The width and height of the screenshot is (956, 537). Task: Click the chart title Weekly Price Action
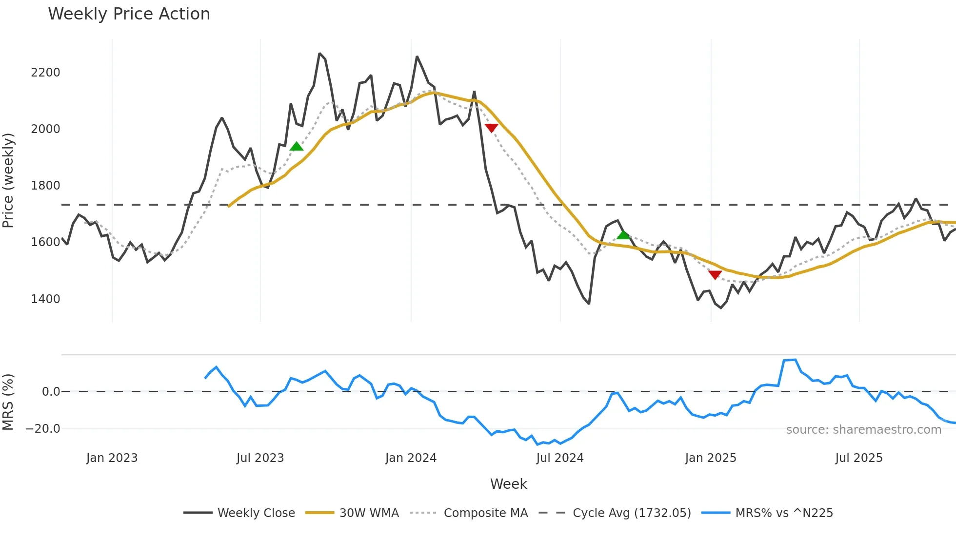click(x=129, y=14)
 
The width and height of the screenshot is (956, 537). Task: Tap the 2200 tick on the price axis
click(x=45, y=73)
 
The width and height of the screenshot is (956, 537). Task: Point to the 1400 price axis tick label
click(x=45, y=299)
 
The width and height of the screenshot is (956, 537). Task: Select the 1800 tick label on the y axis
click(x=45, y=186)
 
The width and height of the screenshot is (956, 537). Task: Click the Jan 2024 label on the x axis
click(x=411, y=458)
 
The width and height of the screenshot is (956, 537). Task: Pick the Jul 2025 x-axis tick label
click(x=858, y=458)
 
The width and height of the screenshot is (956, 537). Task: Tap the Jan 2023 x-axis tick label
click(x=112, y=458)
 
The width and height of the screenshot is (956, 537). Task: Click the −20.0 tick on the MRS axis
click(x=43, y=429)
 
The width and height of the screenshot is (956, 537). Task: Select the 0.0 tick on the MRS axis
click(x=51, y=392)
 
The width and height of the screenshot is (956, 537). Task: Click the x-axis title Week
click(x=508, y=484)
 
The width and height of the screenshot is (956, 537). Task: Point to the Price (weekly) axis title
click(x=8, y=180)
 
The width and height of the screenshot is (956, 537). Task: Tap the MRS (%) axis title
click(x=8, y=402)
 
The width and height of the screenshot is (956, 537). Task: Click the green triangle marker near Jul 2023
click(x=297, y=147)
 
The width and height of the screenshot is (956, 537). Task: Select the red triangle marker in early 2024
click(x=491, y=128)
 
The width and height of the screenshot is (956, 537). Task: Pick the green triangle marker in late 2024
click(x=623, y=235)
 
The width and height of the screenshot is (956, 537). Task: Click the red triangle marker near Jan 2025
click(x=715, y=275)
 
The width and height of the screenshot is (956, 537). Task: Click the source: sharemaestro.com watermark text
click(x=863, y=430)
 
